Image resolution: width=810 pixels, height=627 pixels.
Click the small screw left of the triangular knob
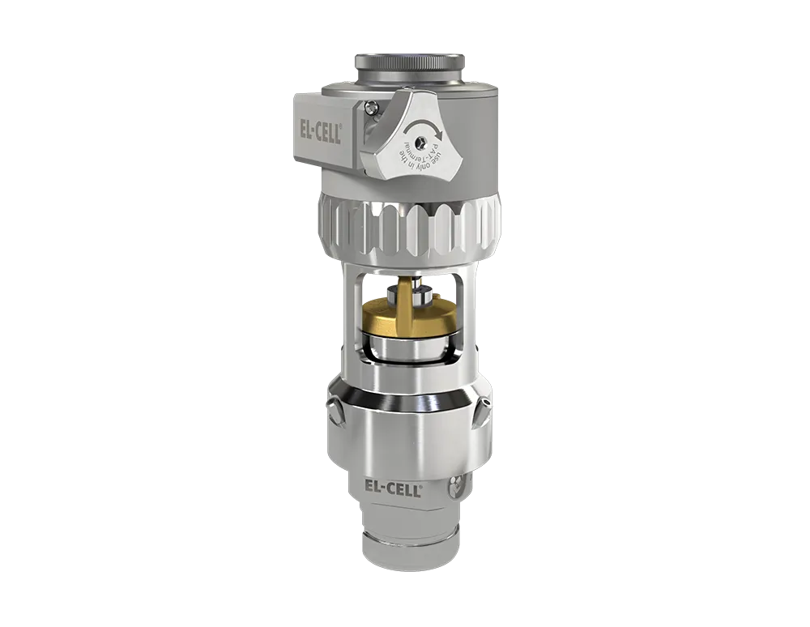pyautogui.click(x=371, y=106)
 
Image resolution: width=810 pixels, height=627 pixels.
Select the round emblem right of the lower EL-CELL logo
pyautogui.click(x=455, y=488)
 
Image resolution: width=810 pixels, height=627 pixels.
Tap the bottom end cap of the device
pyautogui.click(x=409, y=551)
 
